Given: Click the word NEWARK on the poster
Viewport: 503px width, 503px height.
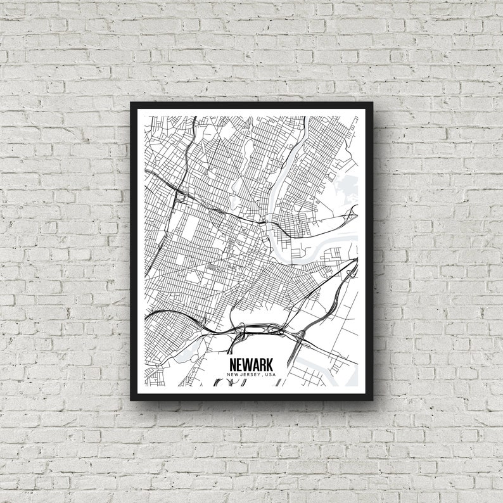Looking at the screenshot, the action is click(251, 366).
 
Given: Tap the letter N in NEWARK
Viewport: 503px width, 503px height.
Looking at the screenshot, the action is click(232, 366).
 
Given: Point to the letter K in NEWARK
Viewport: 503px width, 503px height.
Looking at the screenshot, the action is click(271, 366).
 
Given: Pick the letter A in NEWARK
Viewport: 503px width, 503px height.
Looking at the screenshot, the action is click(256, 366).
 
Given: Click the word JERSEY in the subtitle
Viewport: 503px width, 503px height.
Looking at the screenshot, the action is click(251, 375).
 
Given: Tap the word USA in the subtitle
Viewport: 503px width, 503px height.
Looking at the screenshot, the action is click(271, 375).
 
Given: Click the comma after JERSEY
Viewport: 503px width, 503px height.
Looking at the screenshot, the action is click(263, 376).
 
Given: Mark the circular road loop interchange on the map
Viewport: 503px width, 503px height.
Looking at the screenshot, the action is click(181, 198).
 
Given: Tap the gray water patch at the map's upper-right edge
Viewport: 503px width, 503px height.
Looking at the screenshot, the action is click(346, 187).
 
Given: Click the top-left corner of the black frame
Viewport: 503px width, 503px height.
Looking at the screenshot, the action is click(132, 103).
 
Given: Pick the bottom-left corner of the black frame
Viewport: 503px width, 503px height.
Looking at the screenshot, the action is click(132, 400).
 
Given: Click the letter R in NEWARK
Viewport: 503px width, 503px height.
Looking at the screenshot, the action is click(264, 366).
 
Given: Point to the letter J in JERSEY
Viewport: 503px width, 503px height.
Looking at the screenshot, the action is click(242, 375).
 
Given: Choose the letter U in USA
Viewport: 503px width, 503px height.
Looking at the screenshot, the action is click(268, 375).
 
